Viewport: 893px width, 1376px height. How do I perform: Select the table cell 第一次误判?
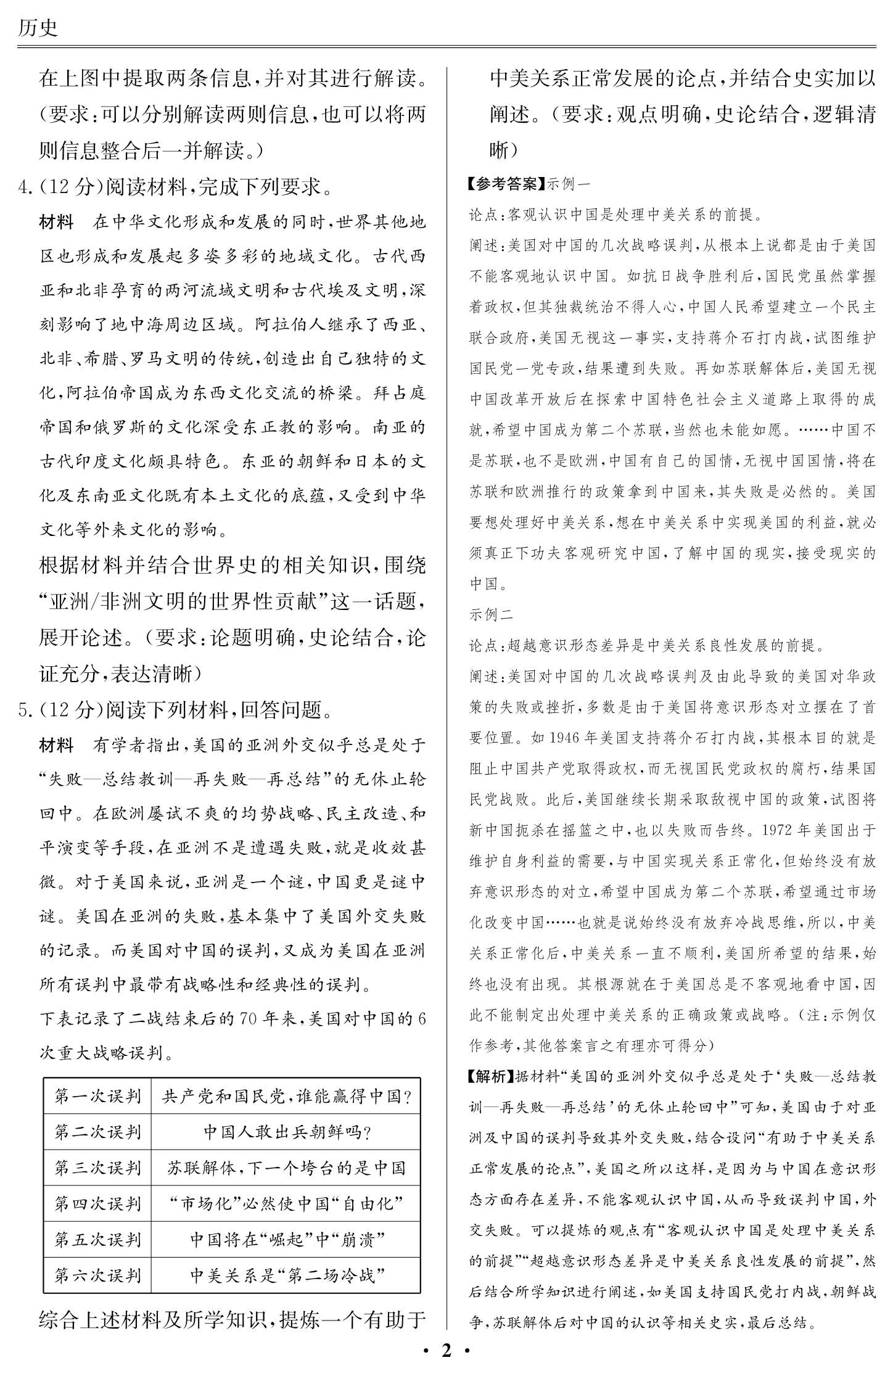pos(97,1096)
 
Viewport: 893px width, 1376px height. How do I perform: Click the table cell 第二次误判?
pos(97,1132)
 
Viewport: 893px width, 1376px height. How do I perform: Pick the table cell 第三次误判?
pos(97,1168)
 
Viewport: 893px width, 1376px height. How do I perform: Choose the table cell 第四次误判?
pos(97,1203)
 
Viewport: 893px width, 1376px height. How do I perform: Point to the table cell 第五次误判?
pos(97,1239)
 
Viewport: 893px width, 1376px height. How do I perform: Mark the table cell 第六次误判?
pos(97,1275)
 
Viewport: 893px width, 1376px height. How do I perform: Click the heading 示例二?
pos(491,614)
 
